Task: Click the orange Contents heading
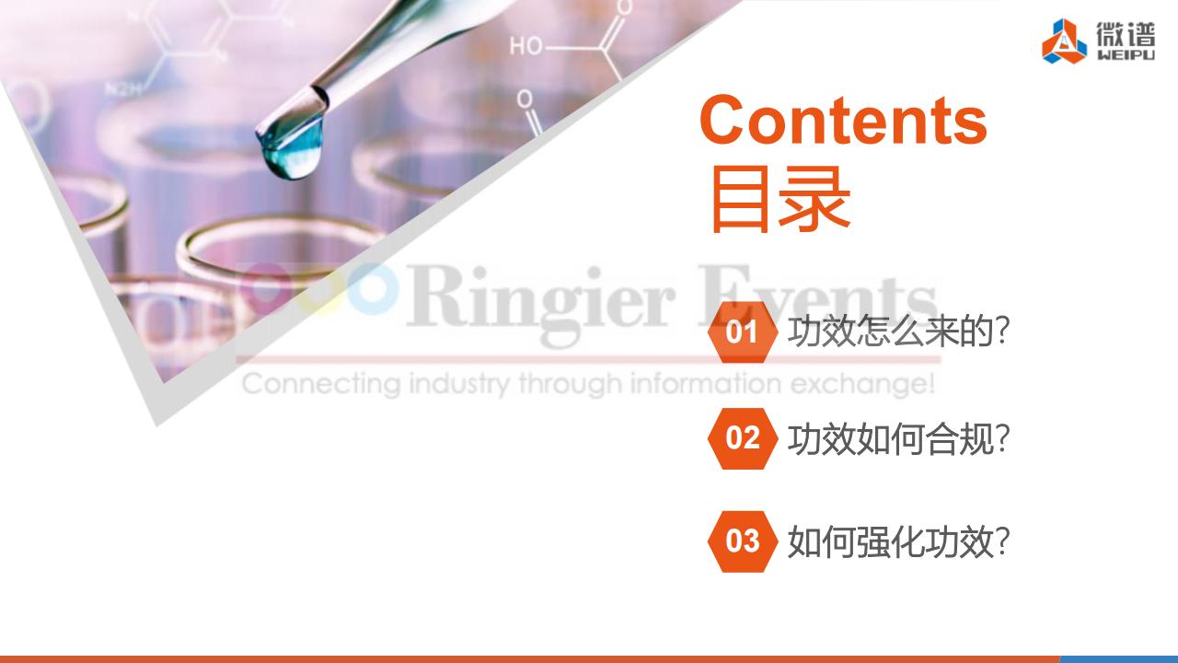[x=843, y=120]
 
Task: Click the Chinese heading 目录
[x=780, y=199]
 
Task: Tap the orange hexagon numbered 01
[x=742, y=332]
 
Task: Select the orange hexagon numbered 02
[x=742, y=438]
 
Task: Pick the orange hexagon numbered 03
[x=742, y=541]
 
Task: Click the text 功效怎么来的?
[x=898, y=331]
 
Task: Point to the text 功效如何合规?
[x=898, y=439]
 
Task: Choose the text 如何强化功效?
[x=898, y=542]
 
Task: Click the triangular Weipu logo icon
[x=1064, y=42]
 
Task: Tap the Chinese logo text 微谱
[x=1126, y=35]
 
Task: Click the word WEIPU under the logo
[x=1126, y=55]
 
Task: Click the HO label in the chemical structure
[x=525, y=47]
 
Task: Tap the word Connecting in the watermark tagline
[x=322, y=384]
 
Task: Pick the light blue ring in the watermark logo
[x=371, y=289]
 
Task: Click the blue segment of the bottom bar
[x=1118, y=659]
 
